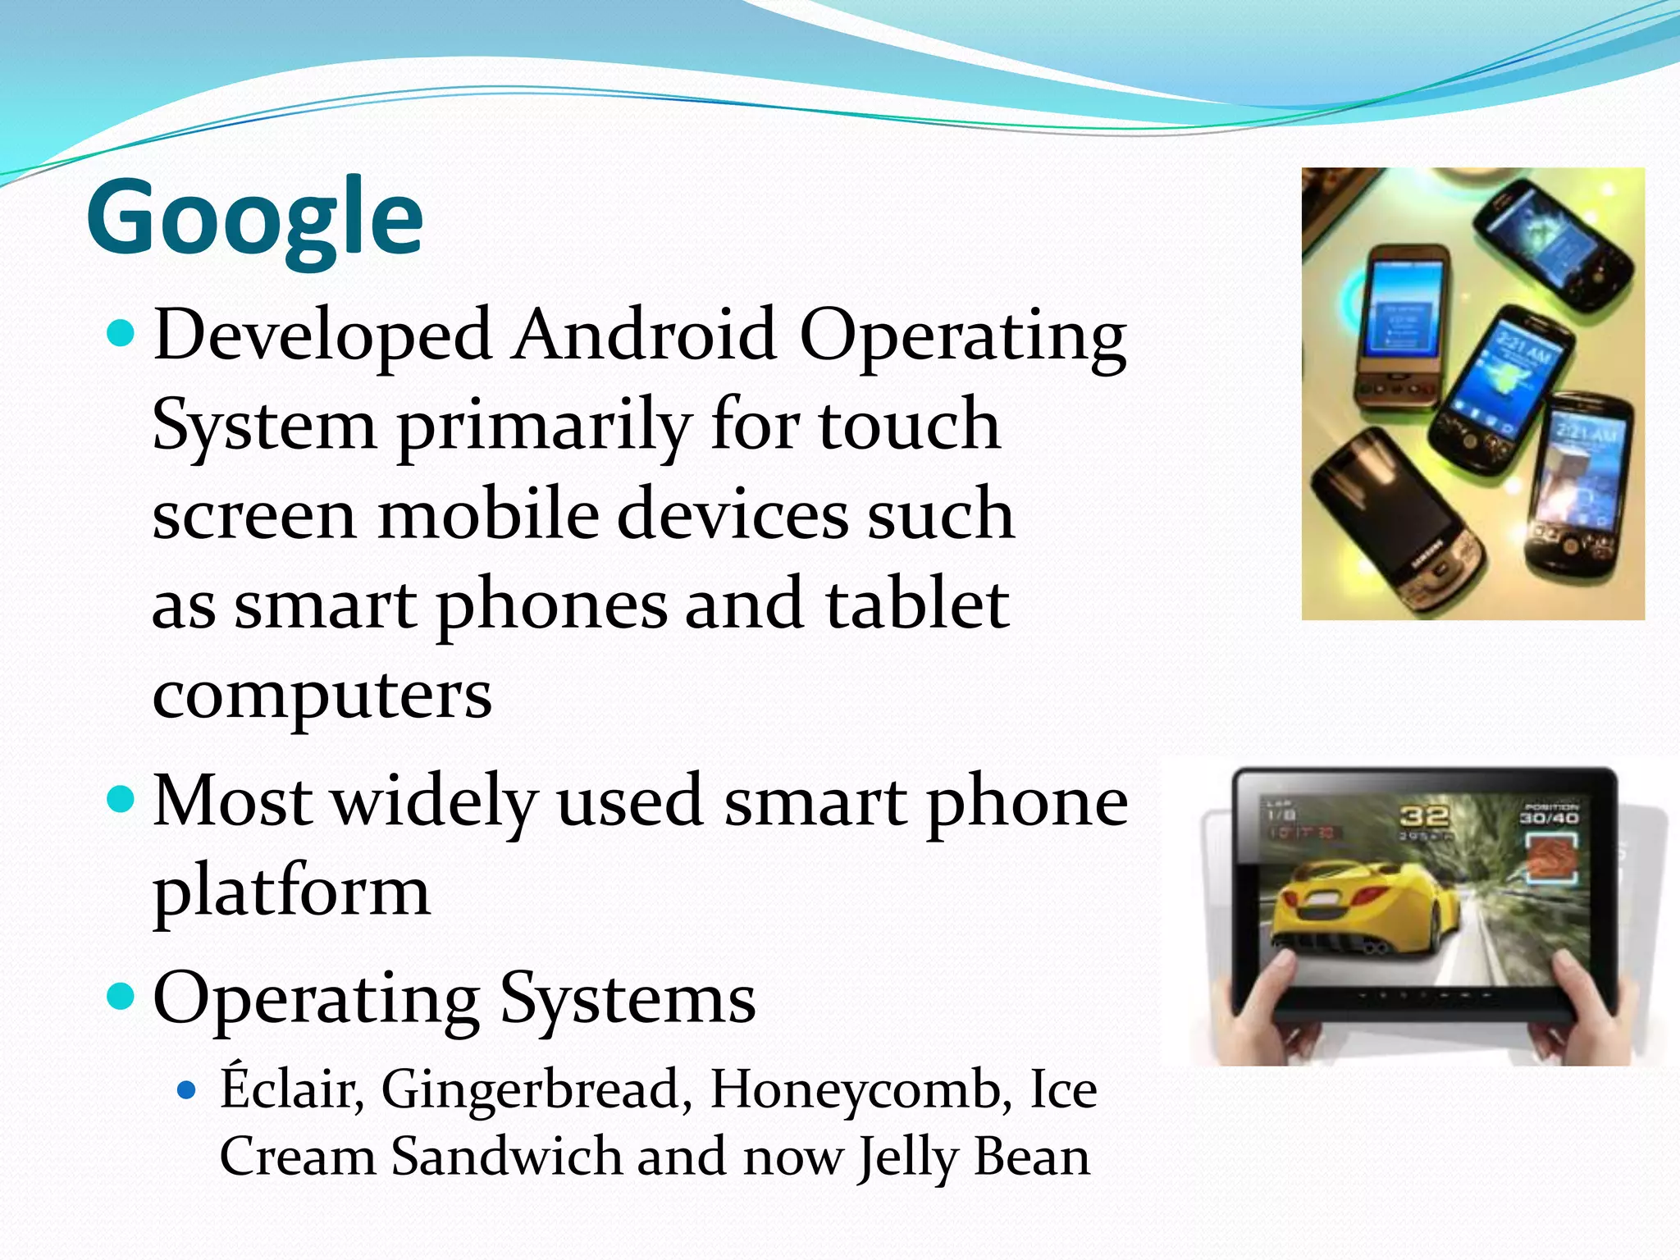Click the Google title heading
click(x=254, y=217)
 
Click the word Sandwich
click(x=506, y=1157)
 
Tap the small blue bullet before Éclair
click(x=188, y=1090)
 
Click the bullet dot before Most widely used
click(x=121, y=799)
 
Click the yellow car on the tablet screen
click(x=1345, y=911)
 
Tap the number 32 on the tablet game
click(x=1424, y=816)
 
